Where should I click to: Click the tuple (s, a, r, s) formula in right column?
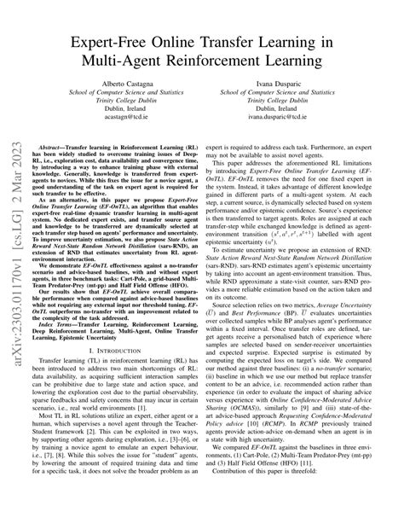click(316, 282)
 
